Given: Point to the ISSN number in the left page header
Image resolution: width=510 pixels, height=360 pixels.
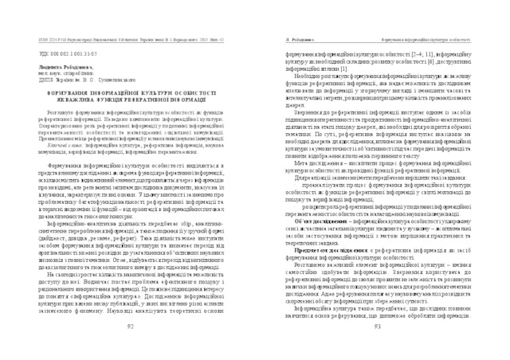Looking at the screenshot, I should pos(50,37).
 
